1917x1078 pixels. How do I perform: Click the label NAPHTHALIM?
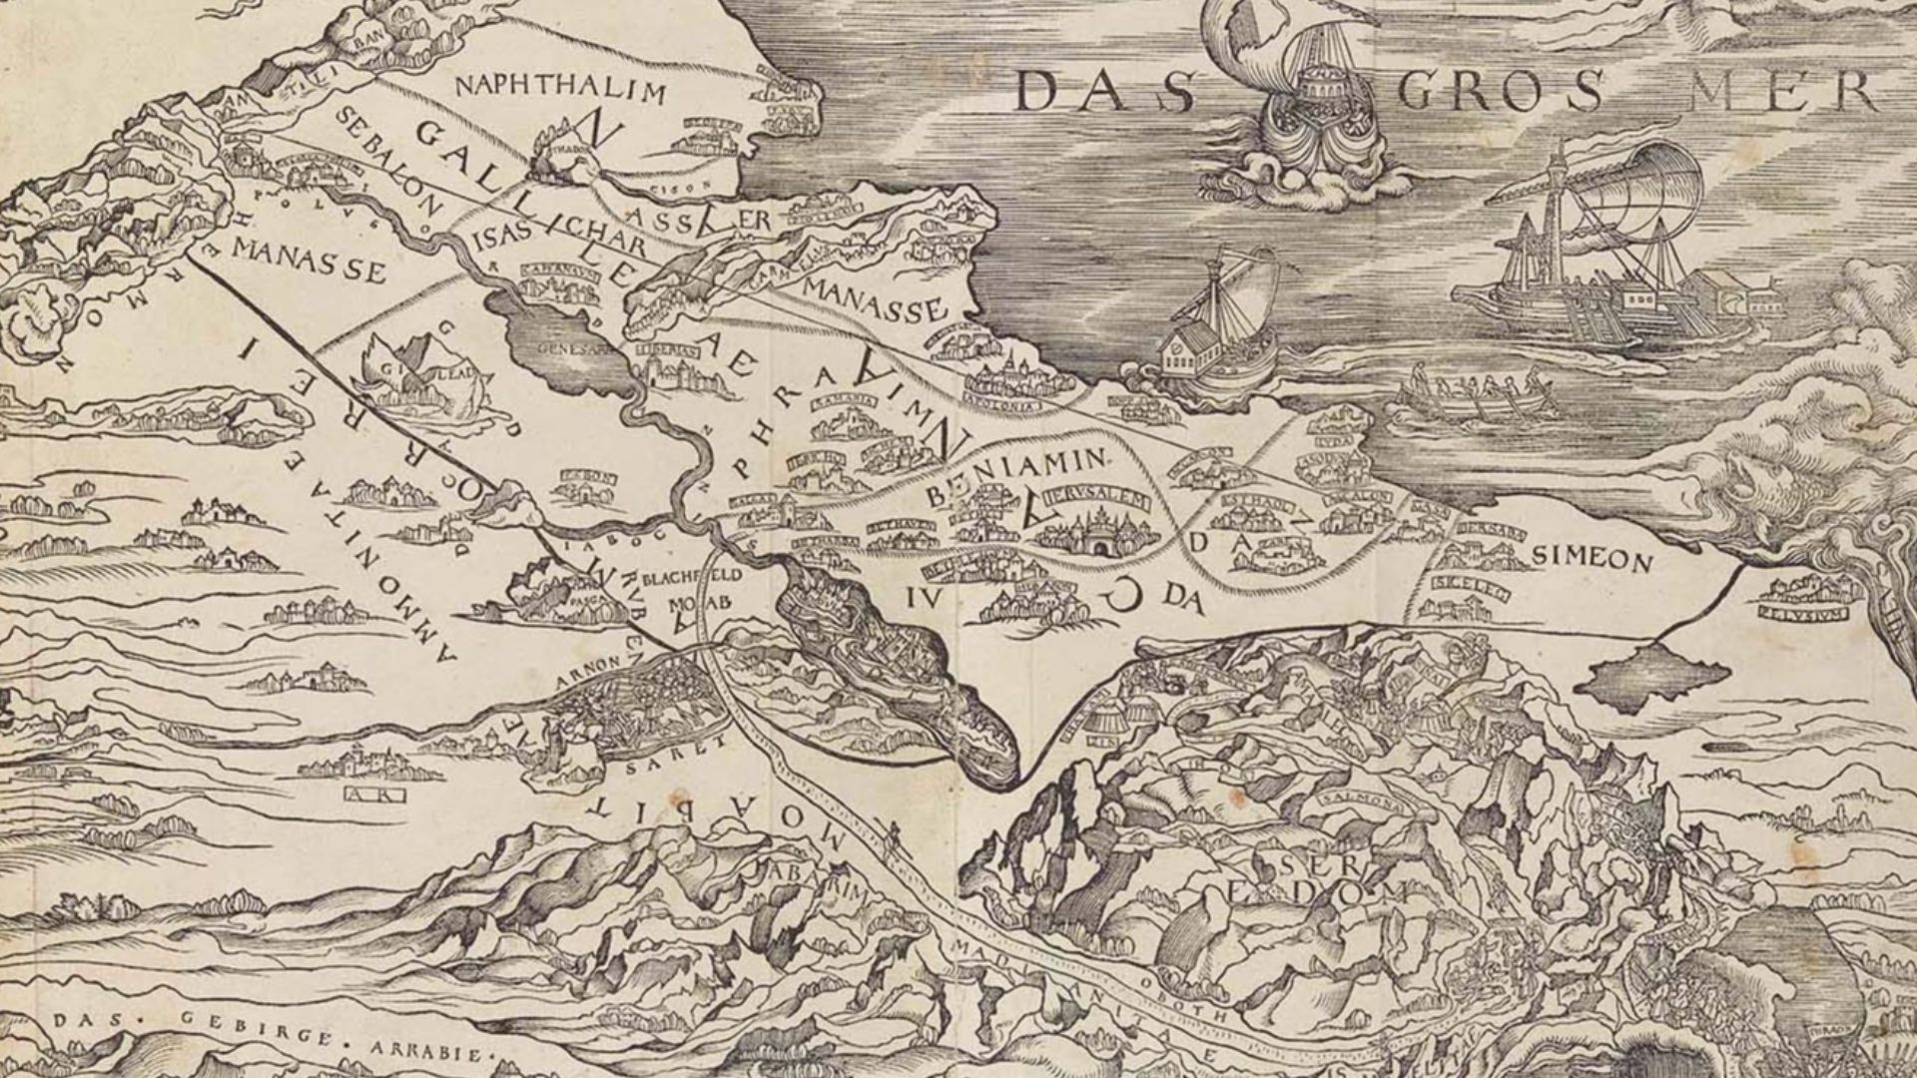(559, 90)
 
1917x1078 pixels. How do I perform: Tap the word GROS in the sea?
(1502, 93)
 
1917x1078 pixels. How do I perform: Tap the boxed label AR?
(372, 795)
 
